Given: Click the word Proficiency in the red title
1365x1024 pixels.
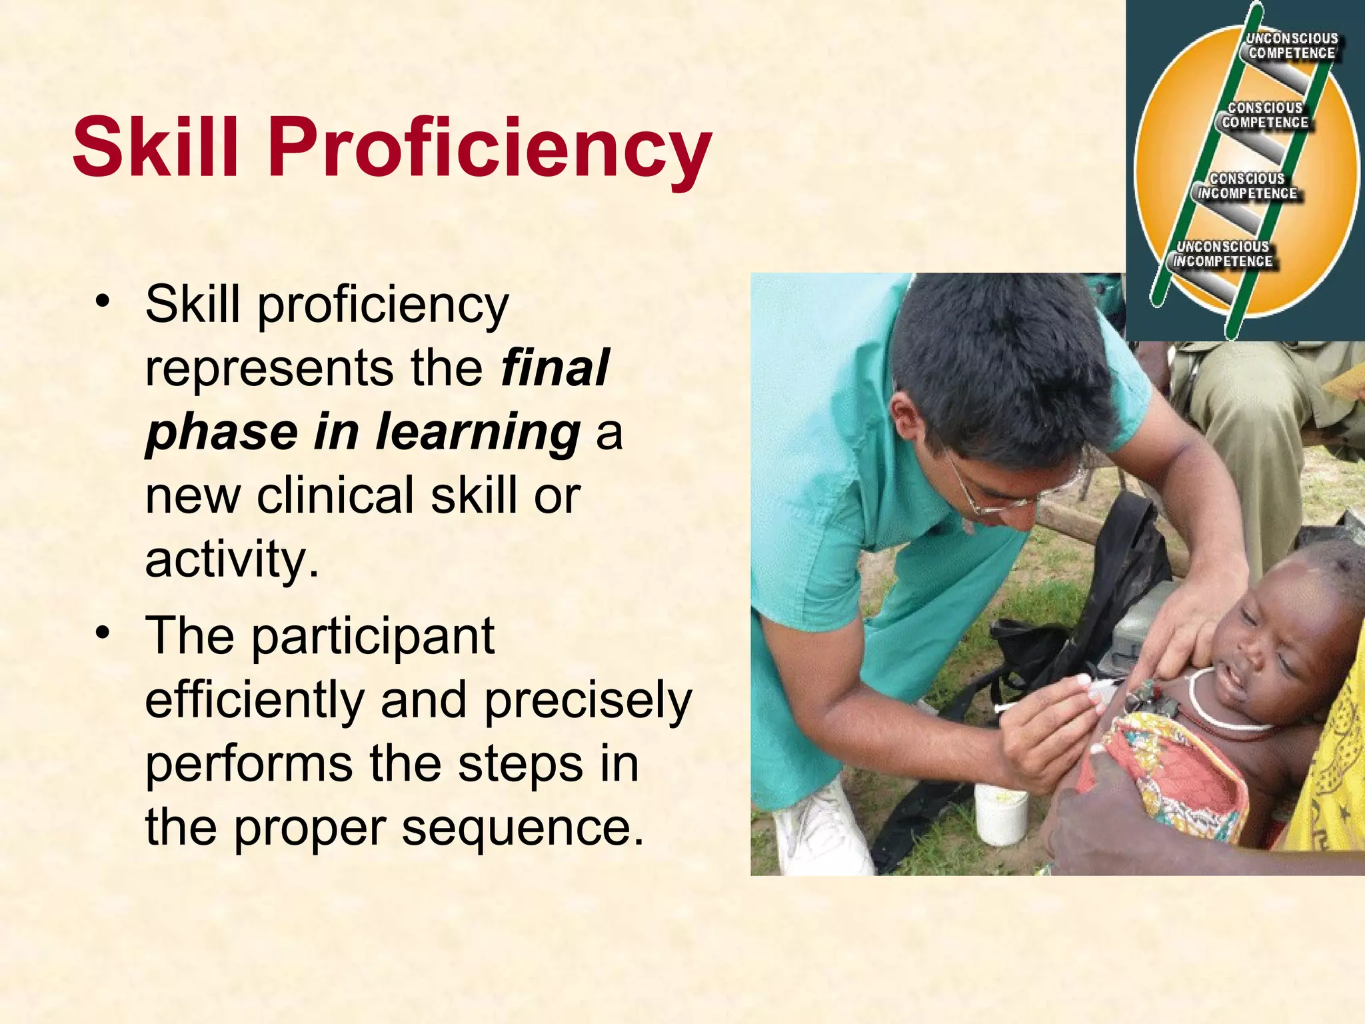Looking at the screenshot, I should click(491, 148).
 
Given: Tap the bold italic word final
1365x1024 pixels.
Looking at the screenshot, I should click(555, 368).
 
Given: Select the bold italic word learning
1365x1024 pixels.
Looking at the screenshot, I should click(478, 432).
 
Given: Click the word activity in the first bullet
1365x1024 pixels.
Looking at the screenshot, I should click(227, 559).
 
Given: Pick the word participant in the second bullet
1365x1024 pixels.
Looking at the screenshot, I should click(373, 637).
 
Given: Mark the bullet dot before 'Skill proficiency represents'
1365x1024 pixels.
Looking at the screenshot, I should click(102, 301).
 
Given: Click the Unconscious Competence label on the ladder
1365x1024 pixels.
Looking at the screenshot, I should click(1292, 46).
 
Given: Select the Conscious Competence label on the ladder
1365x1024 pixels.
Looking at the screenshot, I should click(1264, 115).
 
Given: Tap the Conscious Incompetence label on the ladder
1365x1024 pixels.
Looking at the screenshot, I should click(1246, 186).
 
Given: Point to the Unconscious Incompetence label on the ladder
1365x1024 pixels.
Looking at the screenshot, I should click(1222, 254).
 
